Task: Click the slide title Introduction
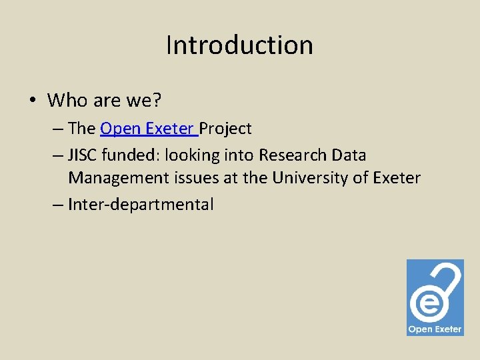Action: click(x=239, y=45)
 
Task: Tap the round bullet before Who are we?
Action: click(x=32, y=101)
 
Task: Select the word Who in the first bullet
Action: click(x=67, y=101)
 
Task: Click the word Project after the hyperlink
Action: click(x=225, y=128)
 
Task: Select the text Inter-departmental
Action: click(x=141, y=205)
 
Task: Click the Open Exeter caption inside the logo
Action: click(x=435, y=329)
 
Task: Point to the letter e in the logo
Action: click(x=425, y=304)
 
